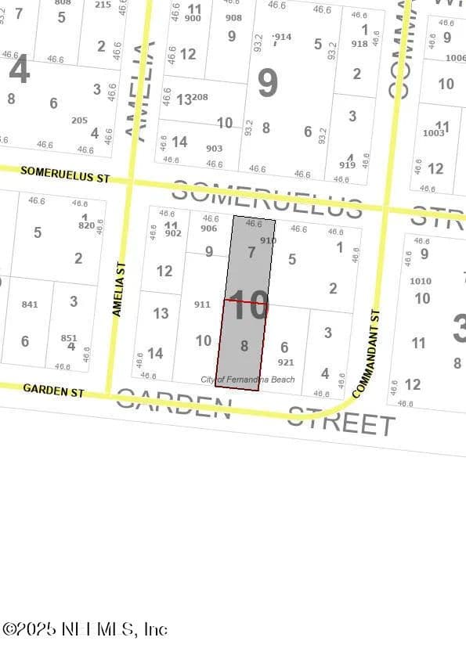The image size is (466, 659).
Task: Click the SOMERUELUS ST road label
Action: (65, 174)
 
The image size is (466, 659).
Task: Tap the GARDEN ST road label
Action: (53, 390)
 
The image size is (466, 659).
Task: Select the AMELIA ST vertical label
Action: (118, 290)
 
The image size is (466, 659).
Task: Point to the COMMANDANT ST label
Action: (367, 354)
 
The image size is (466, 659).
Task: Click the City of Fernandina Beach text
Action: (247, 380)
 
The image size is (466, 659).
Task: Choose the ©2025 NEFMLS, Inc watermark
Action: (84, 629)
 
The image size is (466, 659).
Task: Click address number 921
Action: (286, 362)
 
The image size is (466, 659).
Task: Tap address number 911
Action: (202, 304)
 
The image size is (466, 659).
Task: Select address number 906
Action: (208, 229)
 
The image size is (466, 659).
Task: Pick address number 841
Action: (30, 304)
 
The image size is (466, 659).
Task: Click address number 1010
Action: (420, 281)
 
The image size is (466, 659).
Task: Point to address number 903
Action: (214, 148)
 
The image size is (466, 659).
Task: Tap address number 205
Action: (79, 121)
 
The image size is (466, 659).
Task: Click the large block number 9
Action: (267, 83)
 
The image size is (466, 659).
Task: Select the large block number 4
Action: (19, 70)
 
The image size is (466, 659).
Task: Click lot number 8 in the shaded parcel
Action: (244, 345)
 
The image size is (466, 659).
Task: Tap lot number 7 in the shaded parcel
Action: (251, 253)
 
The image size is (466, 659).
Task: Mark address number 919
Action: (347, 165)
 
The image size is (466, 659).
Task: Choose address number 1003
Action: (433, 133)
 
